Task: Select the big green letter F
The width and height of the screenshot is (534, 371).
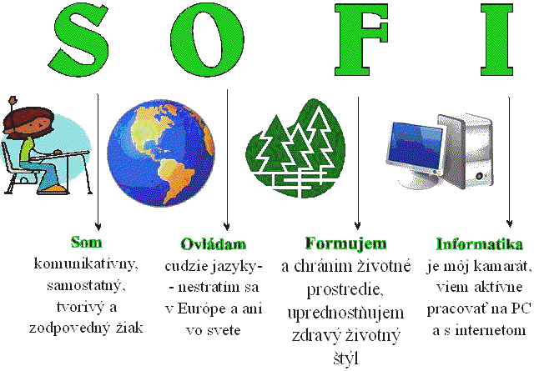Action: pyautogui.click(x=361, y=40)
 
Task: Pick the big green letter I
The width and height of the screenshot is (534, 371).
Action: pyautogui.click(x=497, y=40)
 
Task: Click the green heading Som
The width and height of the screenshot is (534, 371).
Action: pyautogui.click(x=87, y=243)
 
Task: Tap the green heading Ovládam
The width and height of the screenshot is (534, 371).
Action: pyautogui.click(x=214, y=244)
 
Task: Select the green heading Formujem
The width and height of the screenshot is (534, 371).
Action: pyautogui.click(x=345, y=244)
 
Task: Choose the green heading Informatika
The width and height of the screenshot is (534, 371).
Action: pyautogui.click(x=479, y=244)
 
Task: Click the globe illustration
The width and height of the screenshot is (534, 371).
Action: pyautogui.click(x=161, y=153)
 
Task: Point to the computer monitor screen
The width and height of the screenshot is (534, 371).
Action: pyautogui.click(x=416, y=146)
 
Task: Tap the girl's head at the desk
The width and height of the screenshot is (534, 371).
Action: pyautogui.click(x=28, y=123)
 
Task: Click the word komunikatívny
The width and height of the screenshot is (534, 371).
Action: pyautogui.click(x=86, y=264)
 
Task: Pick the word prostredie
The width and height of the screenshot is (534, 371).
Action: pyautogui.click(x=345, y=290)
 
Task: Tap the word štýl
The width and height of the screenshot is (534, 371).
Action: pyautogui.click(x=345, y=359)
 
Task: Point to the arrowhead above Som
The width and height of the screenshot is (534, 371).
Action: pyautogui.click(x=98, y=226)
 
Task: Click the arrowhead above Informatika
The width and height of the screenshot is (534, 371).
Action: pyautogui.click(x=510, y=223)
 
